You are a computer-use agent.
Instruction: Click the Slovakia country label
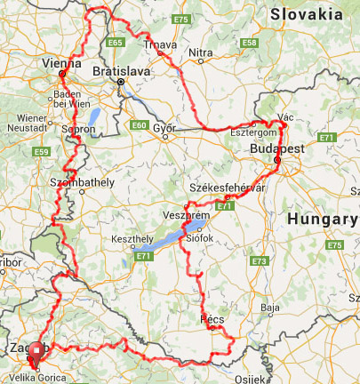pos(308,13)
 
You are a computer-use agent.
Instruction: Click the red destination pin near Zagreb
pos(36,354)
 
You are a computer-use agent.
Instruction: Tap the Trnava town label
pos(161,43)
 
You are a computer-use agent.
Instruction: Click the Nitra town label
pos(202,53)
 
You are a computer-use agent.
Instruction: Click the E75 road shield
pos(181,19)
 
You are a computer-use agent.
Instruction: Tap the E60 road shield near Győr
pos(139,125)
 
